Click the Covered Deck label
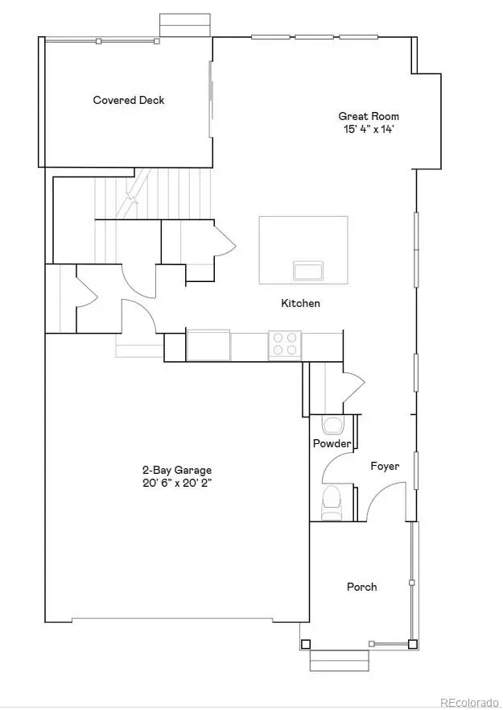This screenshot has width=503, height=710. (129, 100)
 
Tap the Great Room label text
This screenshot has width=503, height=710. (369, 116)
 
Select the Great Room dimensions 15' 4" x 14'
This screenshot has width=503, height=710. (369, 128)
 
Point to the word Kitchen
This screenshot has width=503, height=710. (300, 304)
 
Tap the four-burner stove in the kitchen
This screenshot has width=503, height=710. (284, 344)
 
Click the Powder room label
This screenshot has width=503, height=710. (332, 444)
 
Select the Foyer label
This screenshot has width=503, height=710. (385, 466)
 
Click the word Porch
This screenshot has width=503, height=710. (361, 587)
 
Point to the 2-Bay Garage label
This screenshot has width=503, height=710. (177, 470)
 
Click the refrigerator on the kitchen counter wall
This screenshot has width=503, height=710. (208, 345)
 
